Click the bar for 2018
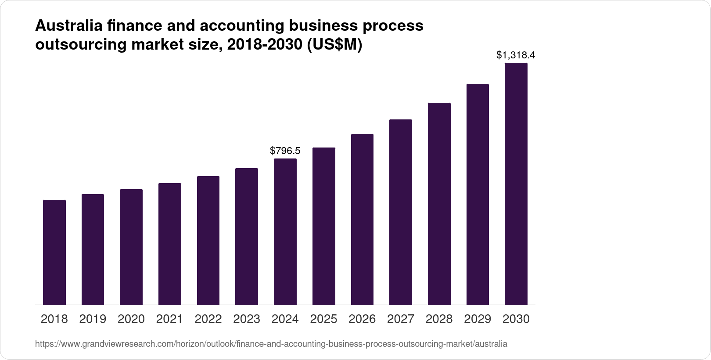54,252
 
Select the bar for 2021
170,244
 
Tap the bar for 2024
285,232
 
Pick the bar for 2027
401,212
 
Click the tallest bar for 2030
516,184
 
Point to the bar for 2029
478,194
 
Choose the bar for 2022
208,241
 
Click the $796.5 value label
285,151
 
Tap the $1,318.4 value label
516,55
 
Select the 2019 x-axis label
93,319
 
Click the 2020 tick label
131,319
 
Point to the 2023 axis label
247,319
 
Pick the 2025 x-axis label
323,319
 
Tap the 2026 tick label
362,319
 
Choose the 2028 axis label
439,319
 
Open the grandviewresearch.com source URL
271,344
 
